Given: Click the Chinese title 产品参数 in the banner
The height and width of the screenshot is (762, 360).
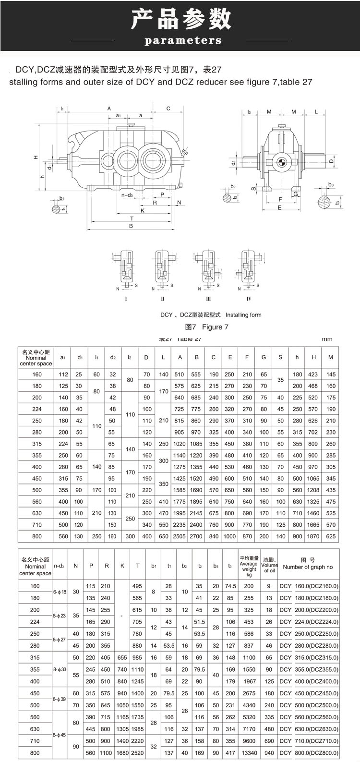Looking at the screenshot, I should coord(181,19).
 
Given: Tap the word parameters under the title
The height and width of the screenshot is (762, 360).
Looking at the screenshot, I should coord(183,41).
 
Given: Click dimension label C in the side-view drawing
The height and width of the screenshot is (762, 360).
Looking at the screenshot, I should coord(168,109).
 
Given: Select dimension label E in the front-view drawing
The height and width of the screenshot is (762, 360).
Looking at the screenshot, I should coord(279,207).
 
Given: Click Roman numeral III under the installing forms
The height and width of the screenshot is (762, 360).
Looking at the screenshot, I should coord(208,299).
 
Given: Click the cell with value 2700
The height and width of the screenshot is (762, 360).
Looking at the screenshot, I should coord(196,536).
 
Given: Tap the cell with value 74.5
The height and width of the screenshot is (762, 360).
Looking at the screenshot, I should coord(231,586).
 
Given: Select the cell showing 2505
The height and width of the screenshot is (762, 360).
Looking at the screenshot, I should coord(180,536).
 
